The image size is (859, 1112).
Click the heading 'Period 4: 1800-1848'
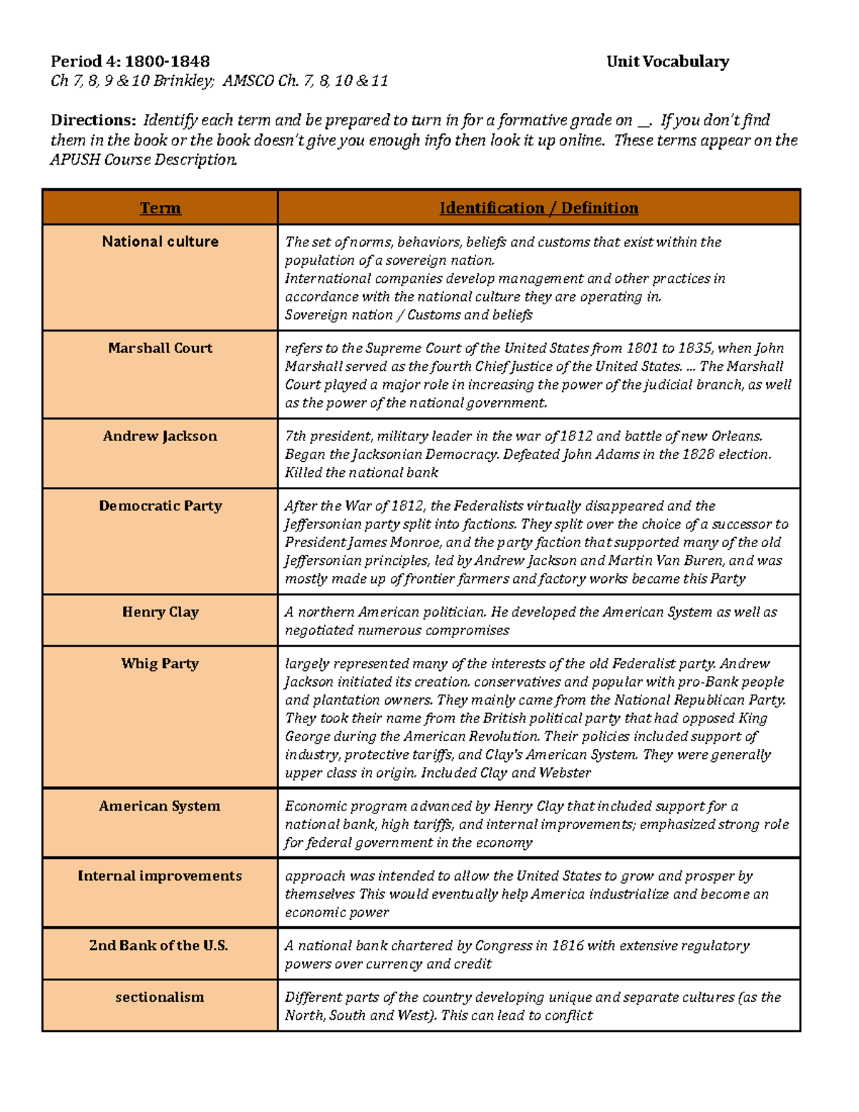coord(130,62)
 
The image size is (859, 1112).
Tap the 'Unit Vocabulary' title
coord(667,62)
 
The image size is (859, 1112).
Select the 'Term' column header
coord(160,208)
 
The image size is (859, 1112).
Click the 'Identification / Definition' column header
coord(538,208)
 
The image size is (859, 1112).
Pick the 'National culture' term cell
coord(160,242)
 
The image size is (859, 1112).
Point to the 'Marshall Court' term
coord(160,348)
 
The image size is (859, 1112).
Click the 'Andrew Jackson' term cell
coord(160,436)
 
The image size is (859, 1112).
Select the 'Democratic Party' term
coord(160,506)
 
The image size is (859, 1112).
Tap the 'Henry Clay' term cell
coord(160,612)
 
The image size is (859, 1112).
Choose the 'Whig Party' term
coord(160,664)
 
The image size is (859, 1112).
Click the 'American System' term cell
coord(160,806)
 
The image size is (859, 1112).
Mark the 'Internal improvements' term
coord(160,876)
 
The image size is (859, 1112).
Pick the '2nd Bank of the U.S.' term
coord(159,945)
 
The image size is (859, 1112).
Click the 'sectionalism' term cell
coord(160,997)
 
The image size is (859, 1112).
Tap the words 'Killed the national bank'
coord(361,473)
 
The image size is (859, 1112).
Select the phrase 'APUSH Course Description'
coord(143,160)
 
